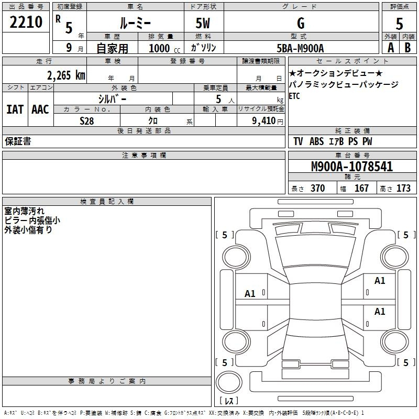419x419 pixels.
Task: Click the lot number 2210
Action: point(26,22)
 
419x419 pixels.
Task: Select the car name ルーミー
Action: point(135,23)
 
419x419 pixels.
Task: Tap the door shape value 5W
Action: point(203,23)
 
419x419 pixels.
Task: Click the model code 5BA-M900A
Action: point(300,48)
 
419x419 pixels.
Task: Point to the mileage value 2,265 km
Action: point(67,75)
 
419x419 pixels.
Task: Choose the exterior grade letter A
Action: point(391,48)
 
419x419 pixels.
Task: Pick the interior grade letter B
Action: point(407,48)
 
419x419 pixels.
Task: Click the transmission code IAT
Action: point(15,109)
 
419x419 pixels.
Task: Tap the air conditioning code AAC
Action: point(40,109)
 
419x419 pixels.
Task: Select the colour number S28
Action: point(87,121)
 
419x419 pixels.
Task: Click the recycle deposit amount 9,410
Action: point(264,120)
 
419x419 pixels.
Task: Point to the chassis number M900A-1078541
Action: point(352,166)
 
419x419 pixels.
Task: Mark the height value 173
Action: point(403,188)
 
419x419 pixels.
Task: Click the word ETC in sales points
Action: point(294,96)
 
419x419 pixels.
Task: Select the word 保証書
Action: point(18,141)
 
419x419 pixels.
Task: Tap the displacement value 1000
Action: point(159,48)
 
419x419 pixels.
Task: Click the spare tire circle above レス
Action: point(229,382)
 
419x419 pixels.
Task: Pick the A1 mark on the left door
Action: point(250,294)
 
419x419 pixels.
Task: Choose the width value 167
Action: point(361,188)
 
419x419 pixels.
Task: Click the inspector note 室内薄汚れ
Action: point(24,211)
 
